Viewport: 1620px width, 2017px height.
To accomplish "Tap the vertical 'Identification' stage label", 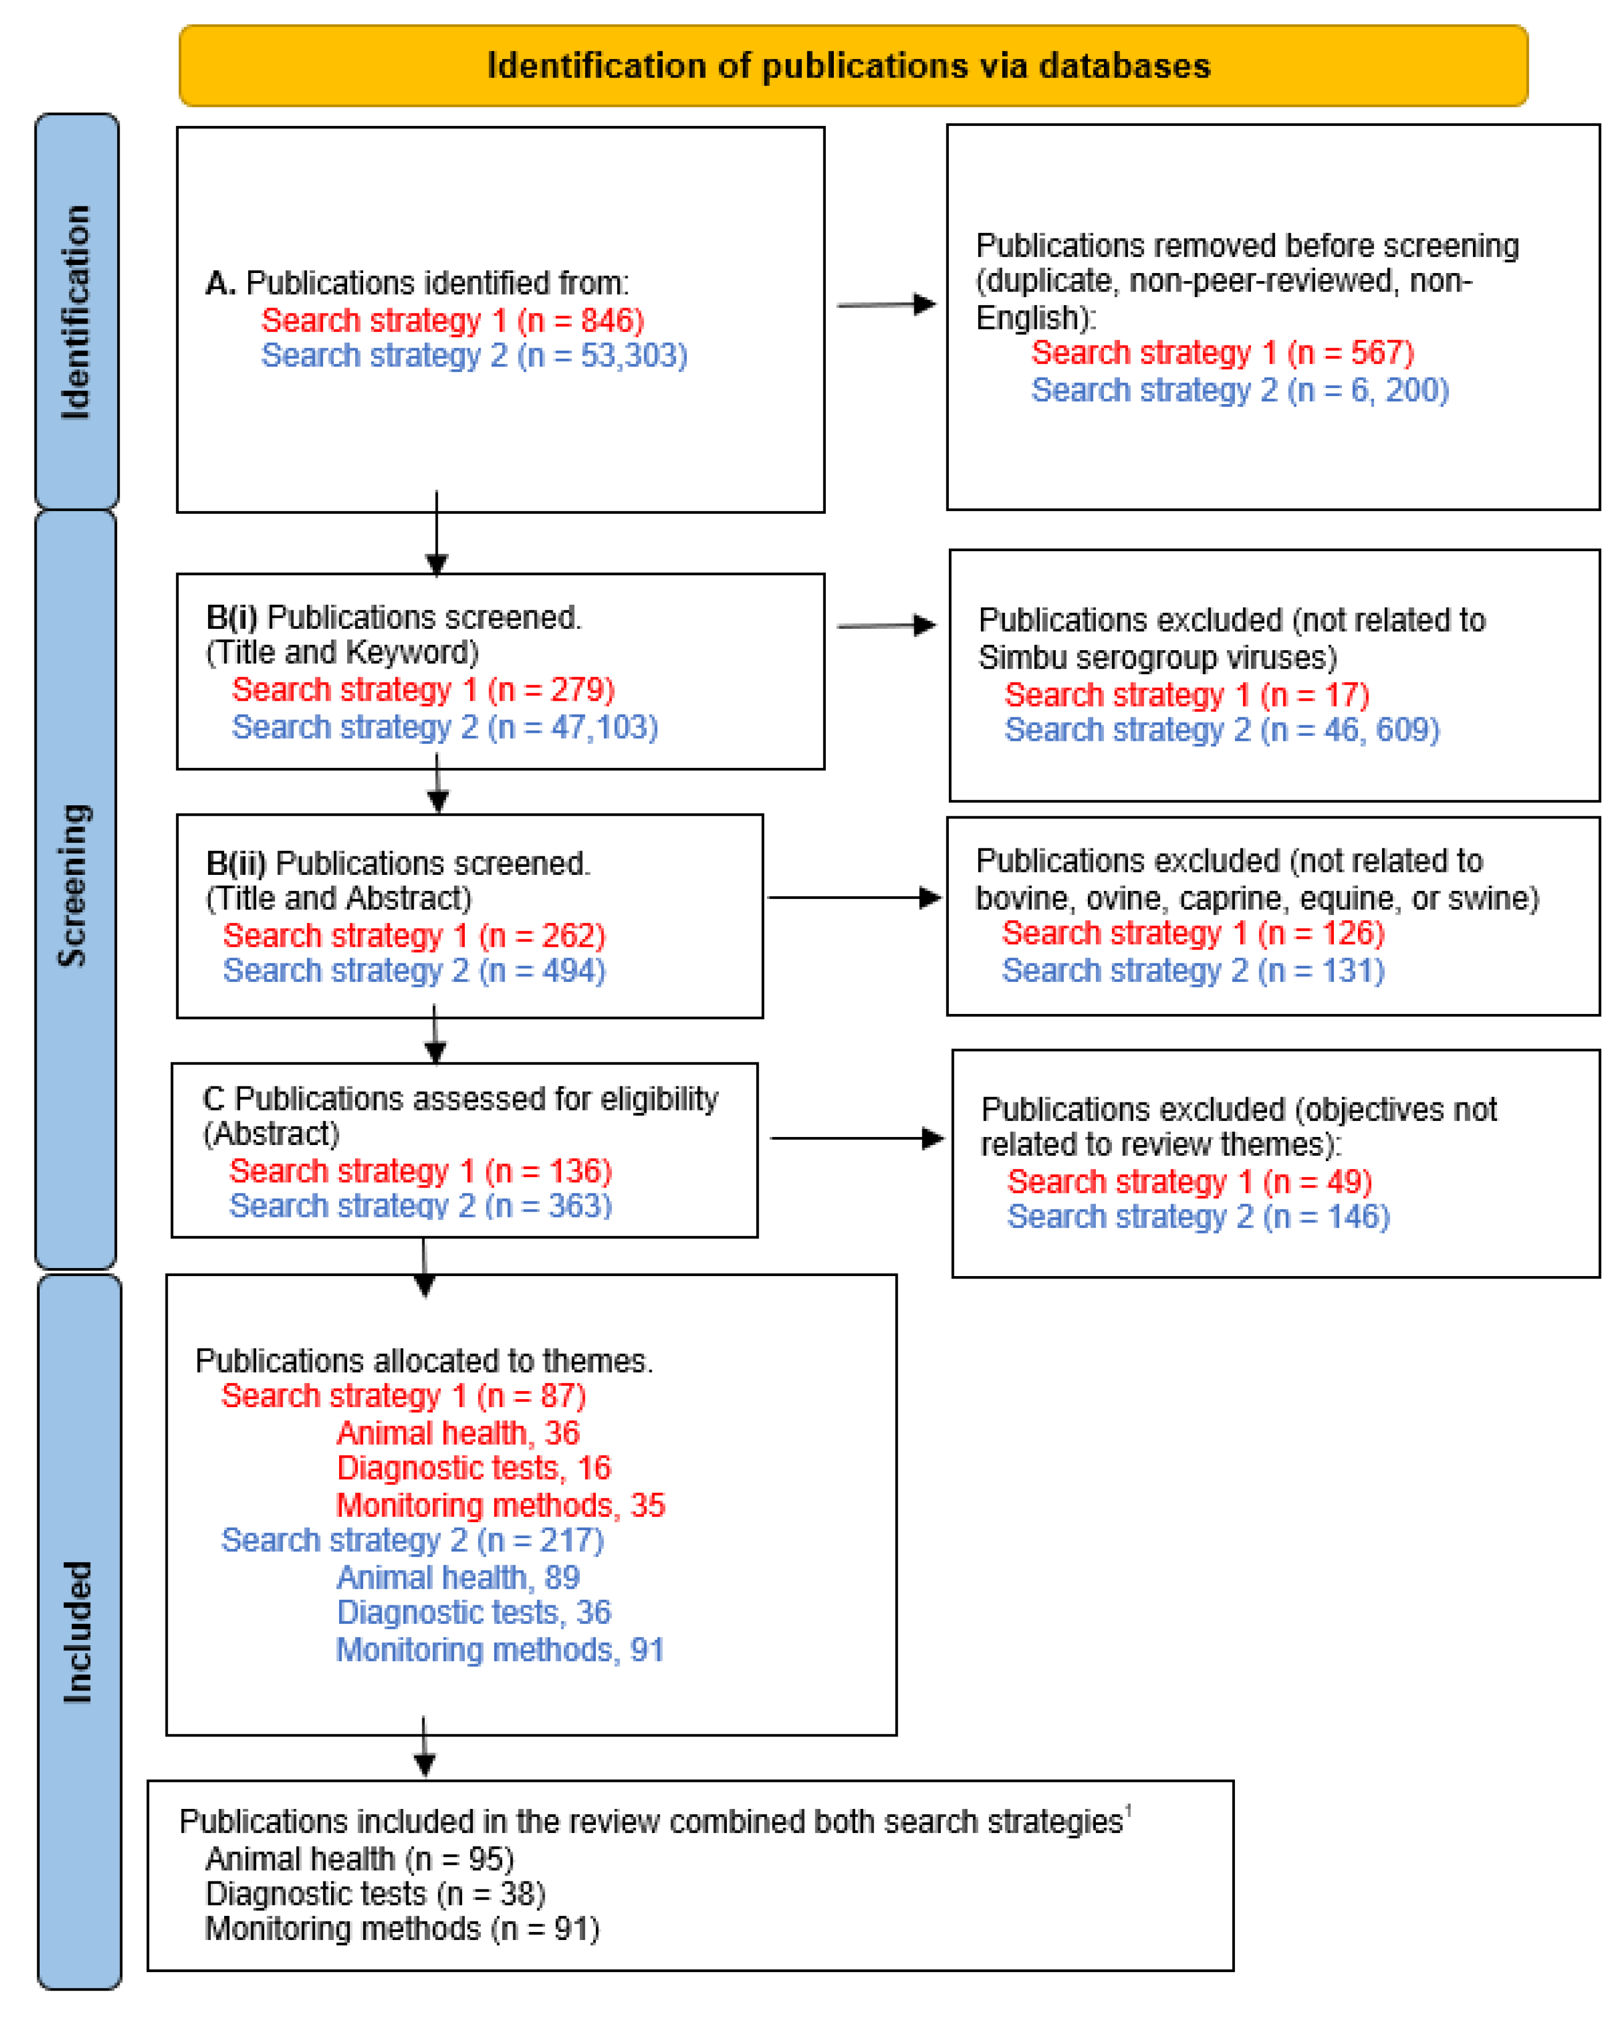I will point(76,312).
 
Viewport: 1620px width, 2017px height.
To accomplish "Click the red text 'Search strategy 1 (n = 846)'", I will point(453,320).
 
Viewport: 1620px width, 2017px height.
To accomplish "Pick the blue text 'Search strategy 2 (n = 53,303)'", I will point(474,355).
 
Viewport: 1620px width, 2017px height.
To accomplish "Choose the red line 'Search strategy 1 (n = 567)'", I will point(1222,353).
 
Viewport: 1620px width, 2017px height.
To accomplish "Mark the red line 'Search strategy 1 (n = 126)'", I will point(1192,933).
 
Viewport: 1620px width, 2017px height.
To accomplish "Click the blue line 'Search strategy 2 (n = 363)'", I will point(420,1206).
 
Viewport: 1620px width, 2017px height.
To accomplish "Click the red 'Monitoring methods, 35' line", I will point(501,1505).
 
